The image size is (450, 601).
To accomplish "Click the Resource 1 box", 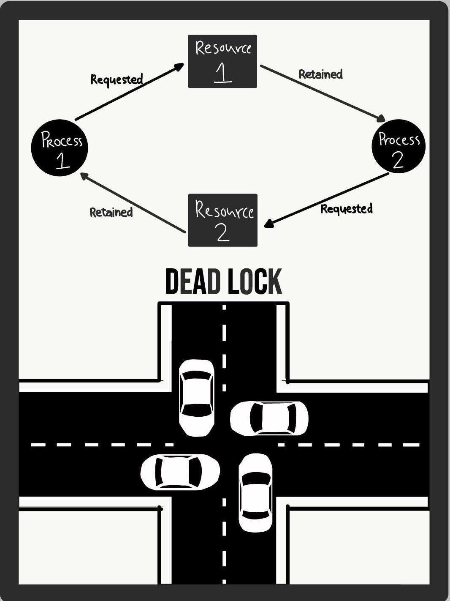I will (222, 61).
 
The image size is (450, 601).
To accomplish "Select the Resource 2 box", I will (222, 220).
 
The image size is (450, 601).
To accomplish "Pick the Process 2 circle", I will (398, 146).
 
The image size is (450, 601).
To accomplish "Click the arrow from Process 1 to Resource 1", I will (129, 92).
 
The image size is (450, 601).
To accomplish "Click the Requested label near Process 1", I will (117, 79).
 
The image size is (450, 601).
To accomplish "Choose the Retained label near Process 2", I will (320, 74).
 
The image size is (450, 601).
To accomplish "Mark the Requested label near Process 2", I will (346, 209).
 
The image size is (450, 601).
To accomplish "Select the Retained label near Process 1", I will (111, 212).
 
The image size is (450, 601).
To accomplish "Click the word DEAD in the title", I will (192, 281).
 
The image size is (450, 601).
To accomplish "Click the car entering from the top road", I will (196, 397).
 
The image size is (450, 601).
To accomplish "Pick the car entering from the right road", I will (269, 418).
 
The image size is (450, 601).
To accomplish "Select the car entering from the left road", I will (180, 472).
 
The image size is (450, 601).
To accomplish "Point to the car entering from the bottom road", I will (255, 492).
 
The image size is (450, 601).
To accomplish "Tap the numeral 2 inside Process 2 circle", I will (398, 160).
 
